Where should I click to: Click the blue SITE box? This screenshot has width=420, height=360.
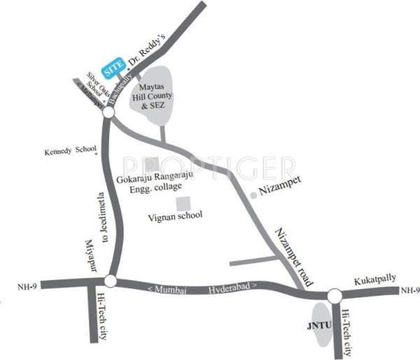[x=113, y=68]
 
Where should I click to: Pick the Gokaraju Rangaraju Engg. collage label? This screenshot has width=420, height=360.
[x=153, y=182]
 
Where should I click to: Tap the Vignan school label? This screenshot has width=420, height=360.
[x=175, y=216]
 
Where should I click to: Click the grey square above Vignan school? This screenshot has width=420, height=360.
[x=184, y=204]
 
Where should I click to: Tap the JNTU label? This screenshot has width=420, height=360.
[x=318, y=326]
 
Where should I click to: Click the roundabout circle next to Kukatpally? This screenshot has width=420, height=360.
[x=334, y=296]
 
